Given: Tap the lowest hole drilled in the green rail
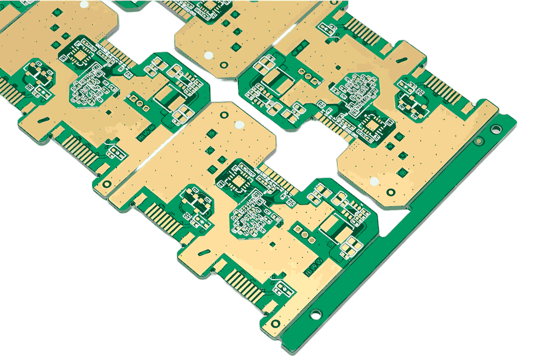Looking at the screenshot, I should point(315,313).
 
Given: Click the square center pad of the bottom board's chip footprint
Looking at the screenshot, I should point(237,181).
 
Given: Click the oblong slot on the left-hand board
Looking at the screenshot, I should point(44,120).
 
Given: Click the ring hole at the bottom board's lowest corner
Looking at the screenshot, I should point(276,323).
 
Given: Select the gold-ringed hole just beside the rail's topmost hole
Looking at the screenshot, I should point(478,141).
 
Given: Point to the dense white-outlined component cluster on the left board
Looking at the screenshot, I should point(89,89).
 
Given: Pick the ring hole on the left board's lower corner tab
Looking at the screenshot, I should point(107,184).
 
